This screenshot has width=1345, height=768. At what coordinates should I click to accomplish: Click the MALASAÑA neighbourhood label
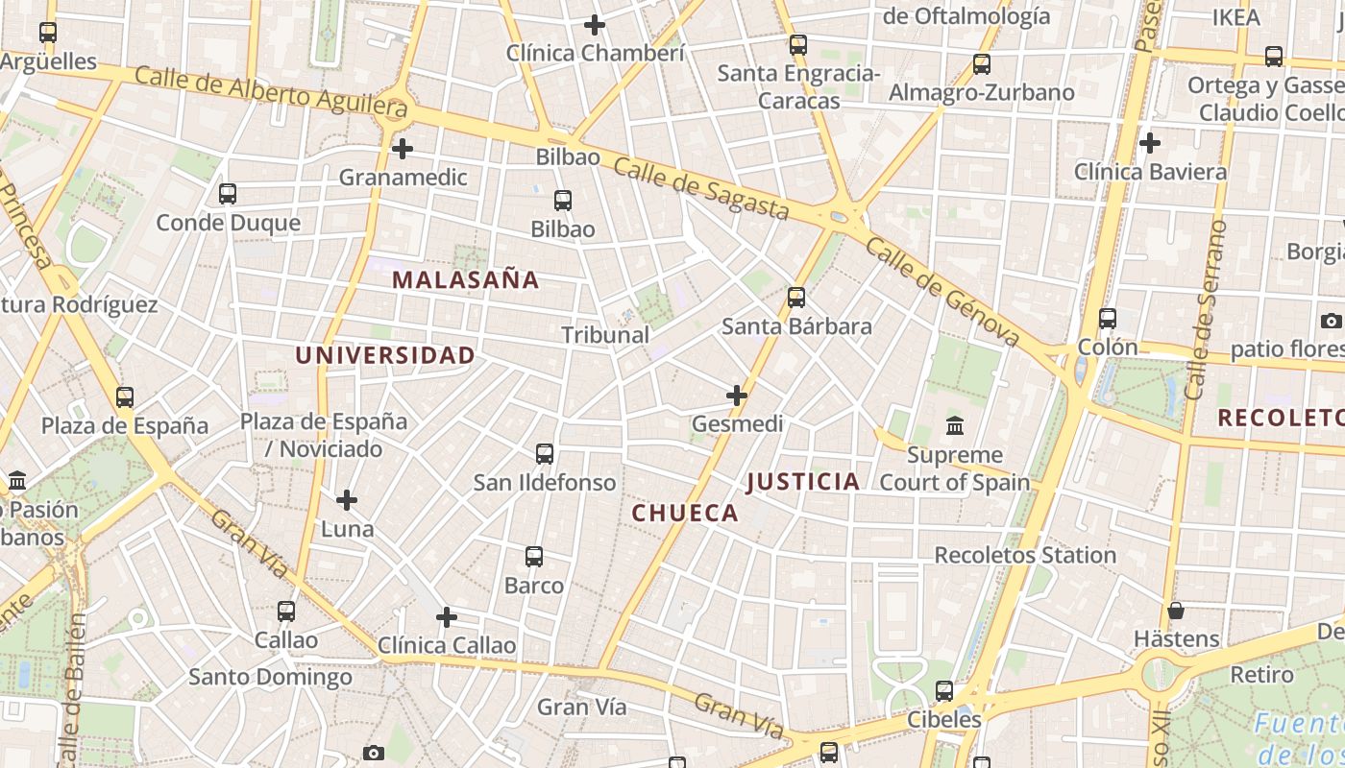click(466, 280)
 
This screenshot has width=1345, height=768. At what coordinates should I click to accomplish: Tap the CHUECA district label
click(685, 513)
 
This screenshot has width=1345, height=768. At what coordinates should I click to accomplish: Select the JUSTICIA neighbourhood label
click(803, 482)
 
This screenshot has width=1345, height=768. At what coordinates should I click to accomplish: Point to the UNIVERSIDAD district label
click(385, 355)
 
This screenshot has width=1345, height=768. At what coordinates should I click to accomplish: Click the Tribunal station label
click(605, 335)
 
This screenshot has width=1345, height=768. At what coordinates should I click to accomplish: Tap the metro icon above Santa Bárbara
click(796, 298)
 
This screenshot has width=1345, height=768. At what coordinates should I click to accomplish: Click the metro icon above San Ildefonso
click(545, 453)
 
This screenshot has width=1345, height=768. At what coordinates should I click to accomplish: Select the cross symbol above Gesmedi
click(737, 395)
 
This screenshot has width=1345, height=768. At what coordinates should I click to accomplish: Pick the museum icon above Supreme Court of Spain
click(955, 425)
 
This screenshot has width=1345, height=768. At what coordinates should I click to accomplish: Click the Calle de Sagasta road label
click(700, 189)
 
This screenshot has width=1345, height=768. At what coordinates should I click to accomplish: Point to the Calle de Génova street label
click(941, 291)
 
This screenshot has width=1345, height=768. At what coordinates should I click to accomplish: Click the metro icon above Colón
click(1108, 319)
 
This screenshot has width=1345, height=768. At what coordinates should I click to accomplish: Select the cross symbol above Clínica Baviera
click(1150, 144)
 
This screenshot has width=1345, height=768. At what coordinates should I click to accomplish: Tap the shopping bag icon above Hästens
click(1175, 611)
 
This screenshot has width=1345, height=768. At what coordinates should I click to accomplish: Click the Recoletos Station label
click(1025, 555)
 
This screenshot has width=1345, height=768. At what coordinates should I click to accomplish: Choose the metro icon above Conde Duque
click(228, 194)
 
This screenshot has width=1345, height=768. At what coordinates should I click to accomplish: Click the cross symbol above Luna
click(347, 500)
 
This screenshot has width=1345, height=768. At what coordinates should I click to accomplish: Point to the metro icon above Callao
click(286, 612)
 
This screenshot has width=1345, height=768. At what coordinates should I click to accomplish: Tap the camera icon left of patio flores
click(1331, 321)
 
